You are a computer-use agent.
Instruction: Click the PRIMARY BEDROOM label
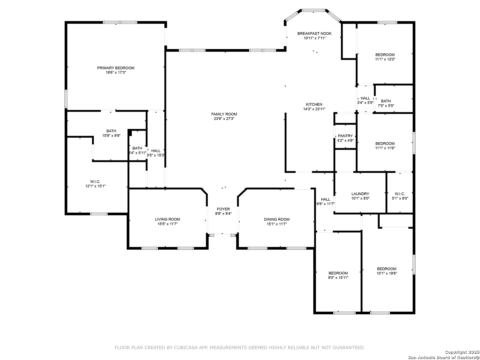click(x=116, y=68)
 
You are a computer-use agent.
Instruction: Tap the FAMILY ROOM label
click(x=224, y=114)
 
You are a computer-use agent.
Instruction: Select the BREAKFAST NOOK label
click(x=314, y=33)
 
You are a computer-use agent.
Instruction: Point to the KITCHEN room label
click(x=314, y=104)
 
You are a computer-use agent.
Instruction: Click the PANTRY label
click(x=345, y=136)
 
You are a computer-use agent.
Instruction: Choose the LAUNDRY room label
click(x=360, y=194)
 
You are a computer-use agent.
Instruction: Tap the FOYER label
click(x=223, y=209)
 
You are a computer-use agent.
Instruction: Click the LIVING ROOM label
click(x=168, y=219)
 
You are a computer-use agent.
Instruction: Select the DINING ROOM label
click(x=277, y=219)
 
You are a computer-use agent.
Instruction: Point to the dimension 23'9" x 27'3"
click(x=224, y=119)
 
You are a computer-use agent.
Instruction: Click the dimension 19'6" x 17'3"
click(x=116, y=73)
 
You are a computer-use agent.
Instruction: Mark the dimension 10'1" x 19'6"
click(x=387, y=273)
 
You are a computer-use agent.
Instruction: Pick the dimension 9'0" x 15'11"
click(x=338, y=278)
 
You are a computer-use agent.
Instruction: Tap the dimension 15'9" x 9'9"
click(x=111, y=136)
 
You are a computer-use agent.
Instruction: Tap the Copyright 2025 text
click(x=462, y=352)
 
